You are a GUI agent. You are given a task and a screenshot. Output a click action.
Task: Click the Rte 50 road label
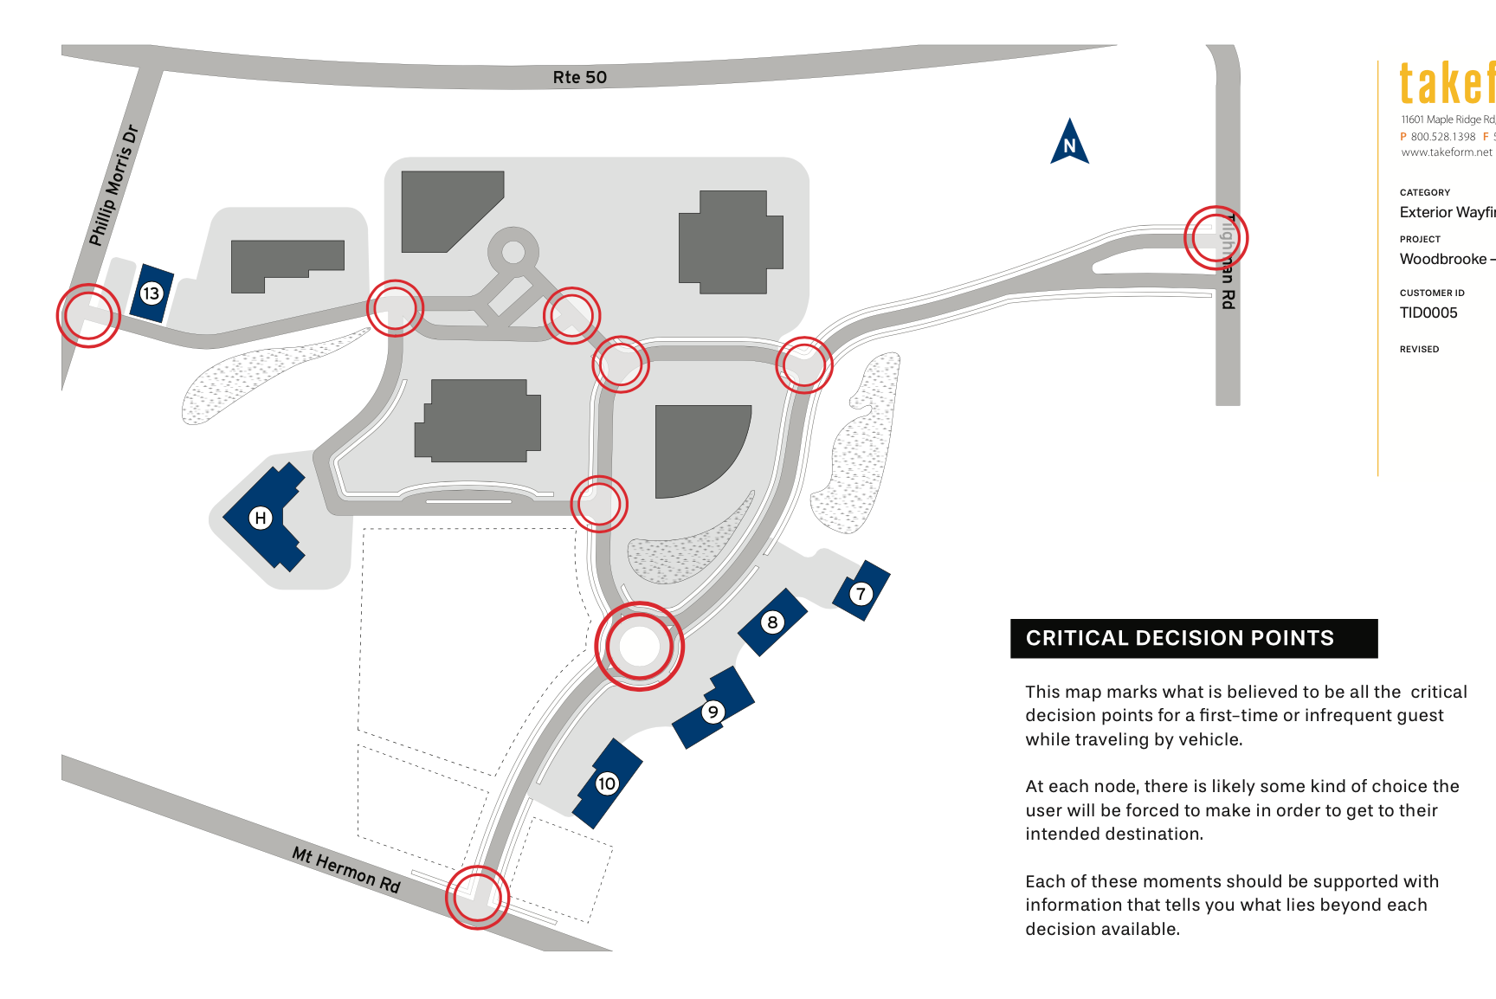579,77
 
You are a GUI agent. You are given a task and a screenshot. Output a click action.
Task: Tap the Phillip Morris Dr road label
113,185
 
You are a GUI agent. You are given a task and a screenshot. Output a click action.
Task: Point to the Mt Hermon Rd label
346,869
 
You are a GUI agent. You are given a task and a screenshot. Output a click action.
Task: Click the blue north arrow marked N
1069,144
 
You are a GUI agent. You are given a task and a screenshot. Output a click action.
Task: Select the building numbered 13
152,293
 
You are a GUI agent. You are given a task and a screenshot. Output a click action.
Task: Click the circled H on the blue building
260,518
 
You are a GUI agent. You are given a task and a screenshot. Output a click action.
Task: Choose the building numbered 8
772,622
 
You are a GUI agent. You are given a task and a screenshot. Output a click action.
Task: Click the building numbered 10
607,783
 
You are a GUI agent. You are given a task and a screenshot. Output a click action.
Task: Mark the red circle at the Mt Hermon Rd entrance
477,897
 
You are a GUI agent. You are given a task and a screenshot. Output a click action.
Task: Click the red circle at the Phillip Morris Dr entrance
88,316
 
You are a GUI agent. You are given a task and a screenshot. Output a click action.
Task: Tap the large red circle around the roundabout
640,647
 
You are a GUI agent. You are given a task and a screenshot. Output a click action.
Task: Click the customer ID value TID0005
1428,313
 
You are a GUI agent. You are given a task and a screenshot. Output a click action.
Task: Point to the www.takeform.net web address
1447,152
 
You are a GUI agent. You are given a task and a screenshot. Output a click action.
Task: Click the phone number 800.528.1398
1442,137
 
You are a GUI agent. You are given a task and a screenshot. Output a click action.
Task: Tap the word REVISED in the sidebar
1419,349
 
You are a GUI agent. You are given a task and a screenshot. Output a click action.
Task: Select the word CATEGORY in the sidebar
1424,192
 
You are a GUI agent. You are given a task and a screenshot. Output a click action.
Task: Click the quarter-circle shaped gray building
697,448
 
